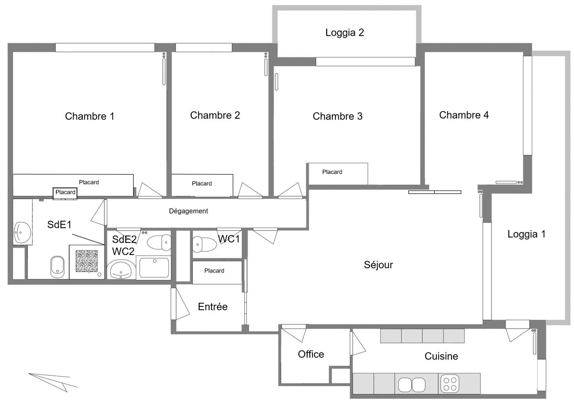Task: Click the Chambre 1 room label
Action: click(89, 116)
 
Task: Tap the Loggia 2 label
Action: click(345, 33)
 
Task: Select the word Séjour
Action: click(378, 265)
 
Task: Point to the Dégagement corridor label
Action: click(188, 211)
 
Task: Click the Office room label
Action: click(311, 354)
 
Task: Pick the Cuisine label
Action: click(441, 356)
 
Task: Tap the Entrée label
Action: click(213, 307)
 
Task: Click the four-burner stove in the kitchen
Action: click(450, 384)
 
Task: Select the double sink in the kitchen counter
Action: click(412, 385)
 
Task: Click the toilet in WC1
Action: click(204, 244)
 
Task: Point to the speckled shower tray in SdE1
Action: click(86, 261)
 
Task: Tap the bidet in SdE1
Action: click(57, 267)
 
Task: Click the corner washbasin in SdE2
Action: click(121, 269)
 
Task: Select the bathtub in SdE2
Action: click(154, 268)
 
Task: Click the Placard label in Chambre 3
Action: click(332, 172)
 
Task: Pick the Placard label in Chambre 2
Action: click(202, 183)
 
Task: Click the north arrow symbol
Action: click(53, 382)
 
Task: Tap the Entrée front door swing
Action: click(180, 304)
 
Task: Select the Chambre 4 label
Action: click(464, 115)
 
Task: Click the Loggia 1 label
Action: click(527, 234)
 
